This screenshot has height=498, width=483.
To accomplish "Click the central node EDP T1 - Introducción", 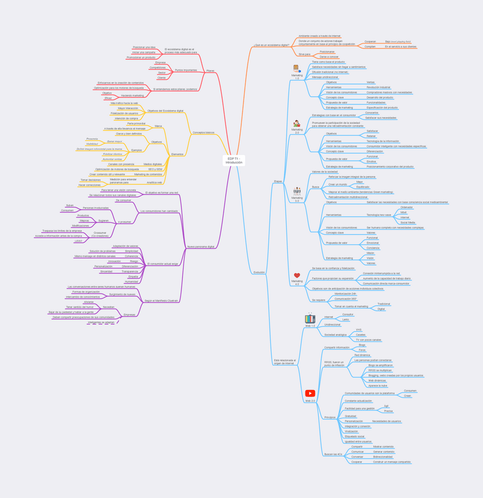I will click(233, 160).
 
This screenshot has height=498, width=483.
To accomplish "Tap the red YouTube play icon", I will click(310, 393).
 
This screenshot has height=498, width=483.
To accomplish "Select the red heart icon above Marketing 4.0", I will click(297, 275).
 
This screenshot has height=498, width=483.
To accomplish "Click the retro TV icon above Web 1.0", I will click(310, 318).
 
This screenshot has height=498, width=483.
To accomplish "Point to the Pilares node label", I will click(210, 70).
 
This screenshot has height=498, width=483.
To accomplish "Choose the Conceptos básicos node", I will click(203, 133).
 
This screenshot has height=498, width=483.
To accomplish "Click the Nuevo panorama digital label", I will click(200, 247).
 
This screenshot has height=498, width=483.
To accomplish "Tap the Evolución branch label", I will click(259, 272).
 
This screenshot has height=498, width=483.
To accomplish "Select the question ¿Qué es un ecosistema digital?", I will click(271, 45).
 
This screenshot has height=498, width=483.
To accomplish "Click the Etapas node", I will click(278, 181).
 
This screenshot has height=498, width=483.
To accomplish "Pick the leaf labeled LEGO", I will click(78, 241).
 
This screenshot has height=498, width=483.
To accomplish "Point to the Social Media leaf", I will click(408, 223).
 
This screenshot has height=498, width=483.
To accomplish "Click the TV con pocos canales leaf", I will click(368, 339).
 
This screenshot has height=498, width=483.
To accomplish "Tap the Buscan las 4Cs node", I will click(333, 454).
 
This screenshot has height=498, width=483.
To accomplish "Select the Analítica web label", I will click(155, 183).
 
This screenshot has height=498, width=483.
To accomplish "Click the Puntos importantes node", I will click(186, 70).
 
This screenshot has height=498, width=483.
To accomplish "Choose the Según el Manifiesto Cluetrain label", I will click(161, 301).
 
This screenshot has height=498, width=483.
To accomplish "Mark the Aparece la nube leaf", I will click(377, 386).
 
